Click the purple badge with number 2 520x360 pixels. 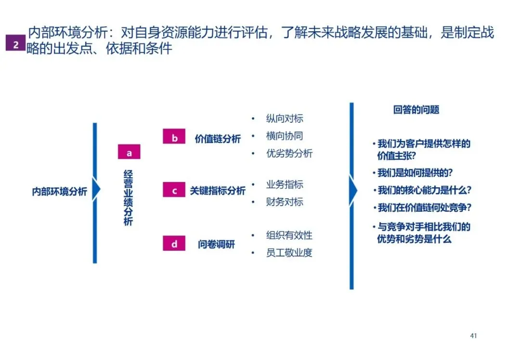[15, 44]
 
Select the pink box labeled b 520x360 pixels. [174, 137]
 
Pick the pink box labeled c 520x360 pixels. [174, 190]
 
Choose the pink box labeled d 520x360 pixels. [174, 244]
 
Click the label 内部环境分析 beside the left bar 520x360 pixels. [59, 192]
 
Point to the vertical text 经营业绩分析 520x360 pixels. [128, 197]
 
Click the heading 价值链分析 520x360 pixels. [218, 139]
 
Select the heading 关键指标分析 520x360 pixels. [218, 191]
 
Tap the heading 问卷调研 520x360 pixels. [216, 244]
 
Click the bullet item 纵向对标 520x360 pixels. [285, 118]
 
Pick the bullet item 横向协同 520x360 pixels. [285, 136]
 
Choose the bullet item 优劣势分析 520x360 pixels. [289, 154]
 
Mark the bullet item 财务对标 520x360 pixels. [285, 202]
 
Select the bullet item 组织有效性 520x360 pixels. [289, 235]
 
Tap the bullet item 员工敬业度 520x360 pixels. [289, 253]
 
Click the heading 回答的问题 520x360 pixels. [416, 110]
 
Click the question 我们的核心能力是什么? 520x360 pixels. [424, 190]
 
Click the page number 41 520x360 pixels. [473, 335]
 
